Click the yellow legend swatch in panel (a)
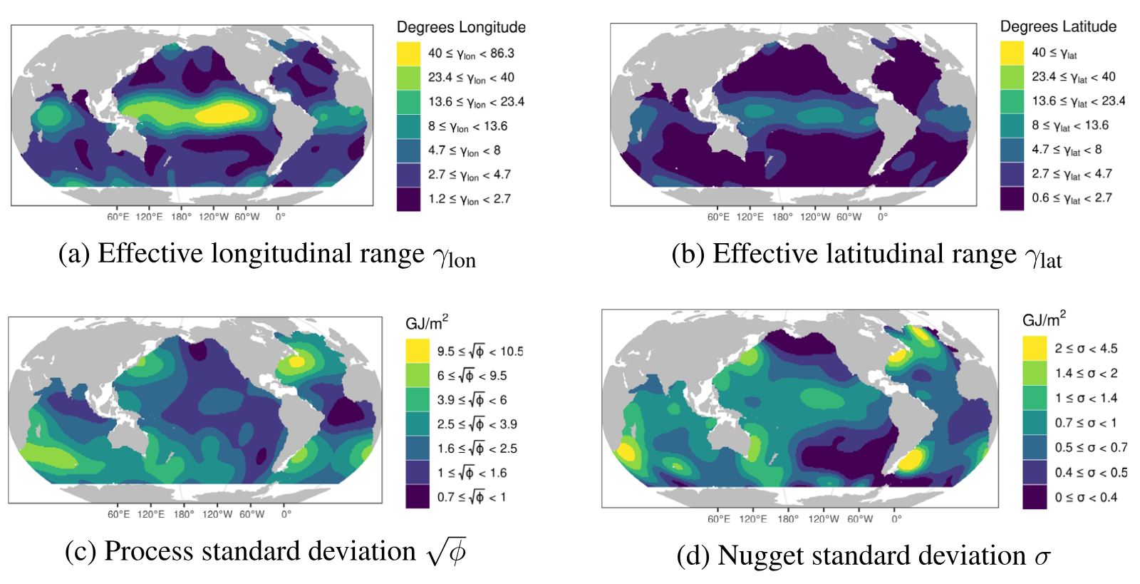[x=408, y=53]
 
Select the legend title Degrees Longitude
[x=461, y=27]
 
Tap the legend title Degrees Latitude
[x=1058, y=26]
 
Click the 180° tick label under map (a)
[x=181, y=217]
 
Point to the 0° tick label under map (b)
[x=882, y=217]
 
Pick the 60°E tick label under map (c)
[x=118, y=514]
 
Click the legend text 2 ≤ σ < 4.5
[x=1086, y=349]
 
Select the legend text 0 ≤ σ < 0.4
[x=1086, y=497]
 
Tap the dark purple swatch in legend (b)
[x=1012, y=198]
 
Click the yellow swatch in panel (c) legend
[x=418, y=351]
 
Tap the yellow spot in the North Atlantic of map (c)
[x=296, y=362]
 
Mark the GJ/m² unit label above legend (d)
[x=1044, y=319]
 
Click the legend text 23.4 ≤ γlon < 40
[x=471, y=78]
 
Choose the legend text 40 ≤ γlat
[x=1054, y=53]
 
